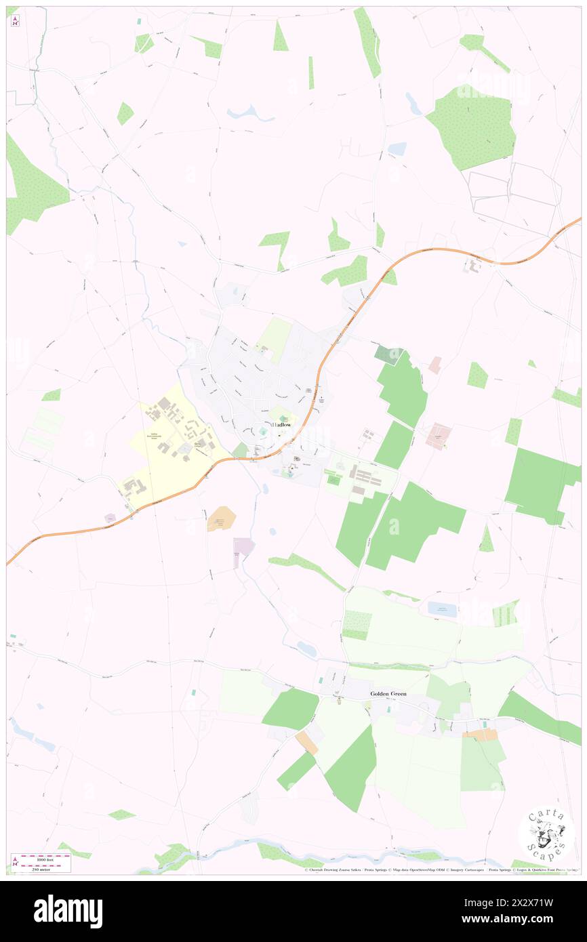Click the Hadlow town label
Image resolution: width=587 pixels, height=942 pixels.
click(283, 424)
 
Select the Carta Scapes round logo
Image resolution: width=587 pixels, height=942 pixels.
click(546, 833)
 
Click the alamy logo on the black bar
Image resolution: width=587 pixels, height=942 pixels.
click(68, 911)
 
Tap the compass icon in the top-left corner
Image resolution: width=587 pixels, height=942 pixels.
click(15, 20)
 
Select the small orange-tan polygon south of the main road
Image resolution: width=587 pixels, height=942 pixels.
click(221, 519)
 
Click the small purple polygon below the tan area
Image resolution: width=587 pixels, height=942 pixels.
click(243, 548)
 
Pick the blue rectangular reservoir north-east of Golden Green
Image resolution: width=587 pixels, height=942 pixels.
click(442, 609)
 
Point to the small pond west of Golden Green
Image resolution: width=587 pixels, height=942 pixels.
click(306, 649)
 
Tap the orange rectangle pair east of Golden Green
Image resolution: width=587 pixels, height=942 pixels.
click(481, 735)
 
